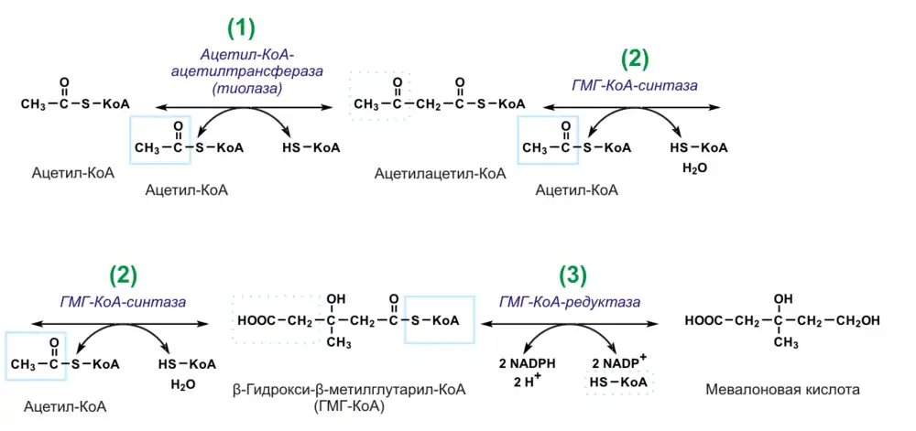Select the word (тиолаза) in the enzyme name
pyautogui.click(x=241, y=88)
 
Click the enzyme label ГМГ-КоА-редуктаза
pyautogui.click(x=569, y=300)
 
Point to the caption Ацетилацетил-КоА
pyautogui.click(x=440, y=172)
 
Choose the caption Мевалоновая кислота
pyautogui.click(x=782, y=390)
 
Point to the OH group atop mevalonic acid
pyautogui.click(x=782, y=298)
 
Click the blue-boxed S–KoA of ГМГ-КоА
pyautogui.click(x=440, y=320)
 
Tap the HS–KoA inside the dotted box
pyautogui.click(x=620, y=381)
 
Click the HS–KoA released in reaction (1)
pyautogui.click(x=311, y=147)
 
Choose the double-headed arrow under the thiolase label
pyautogui.click(x=241, y=108)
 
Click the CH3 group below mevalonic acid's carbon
pyautogui.click(x=784, y=342)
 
